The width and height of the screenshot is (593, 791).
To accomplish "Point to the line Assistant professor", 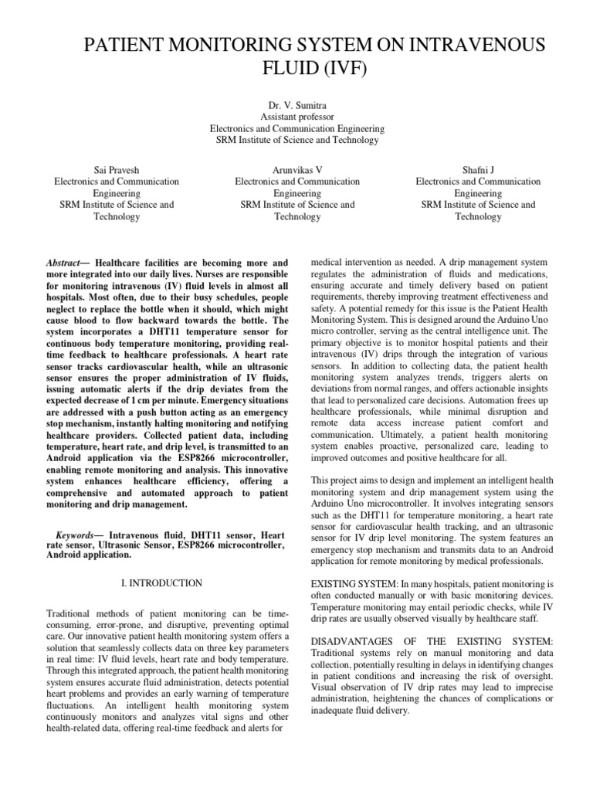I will pos(296,117).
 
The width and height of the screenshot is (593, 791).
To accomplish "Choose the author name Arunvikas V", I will pos(296,170).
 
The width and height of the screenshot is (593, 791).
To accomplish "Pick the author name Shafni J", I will pos(478,170).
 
